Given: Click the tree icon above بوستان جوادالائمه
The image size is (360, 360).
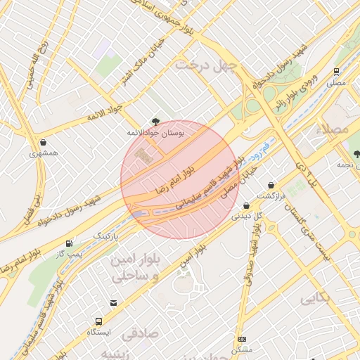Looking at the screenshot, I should point(155,122).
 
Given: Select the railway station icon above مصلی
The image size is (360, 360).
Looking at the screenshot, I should point(336,72).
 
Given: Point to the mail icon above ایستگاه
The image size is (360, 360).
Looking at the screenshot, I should point(113,303).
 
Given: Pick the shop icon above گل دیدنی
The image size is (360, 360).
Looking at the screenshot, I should point(246,205).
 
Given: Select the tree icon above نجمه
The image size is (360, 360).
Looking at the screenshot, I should point(356,153).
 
